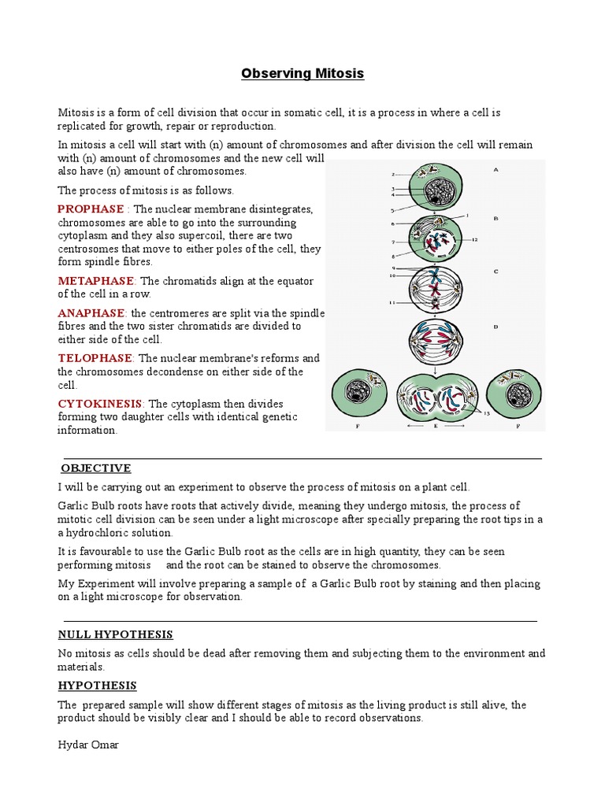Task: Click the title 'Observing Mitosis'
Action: coord(302,73)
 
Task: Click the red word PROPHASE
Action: coord(91,209)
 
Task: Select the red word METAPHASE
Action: coord(96,281)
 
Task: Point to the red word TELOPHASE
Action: coord(95,358)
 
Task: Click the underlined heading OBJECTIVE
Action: coord(96,468)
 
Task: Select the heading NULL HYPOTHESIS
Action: coord(116,634)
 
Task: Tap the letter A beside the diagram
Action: coord(496,169)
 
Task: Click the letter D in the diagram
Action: coord(496,324)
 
